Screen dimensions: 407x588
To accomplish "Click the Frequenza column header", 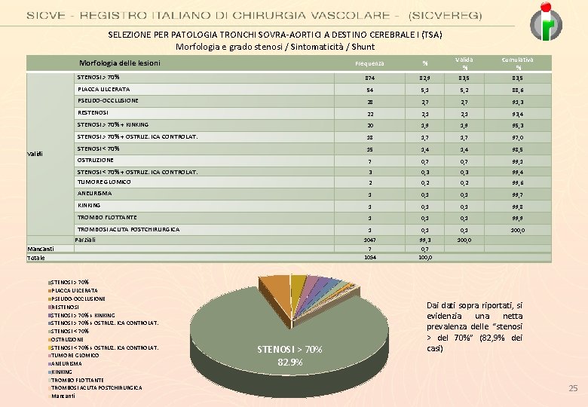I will click(x=369, y=63).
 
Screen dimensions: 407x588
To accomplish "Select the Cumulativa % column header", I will click(x=518, y=63).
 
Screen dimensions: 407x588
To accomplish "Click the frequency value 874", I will click(x=369, y=78).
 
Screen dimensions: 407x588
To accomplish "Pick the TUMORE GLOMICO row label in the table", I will click(x=104, y=182).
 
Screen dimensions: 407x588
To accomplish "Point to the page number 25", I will click(x=572, y=388).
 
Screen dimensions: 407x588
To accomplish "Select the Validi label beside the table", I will click(x=36, y=154).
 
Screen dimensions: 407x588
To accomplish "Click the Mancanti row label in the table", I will click(x=41, y=248).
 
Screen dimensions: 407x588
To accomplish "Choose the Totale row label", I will click(x=36, y=258).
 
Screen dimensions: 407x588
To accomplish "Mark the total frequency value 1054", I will click(x=369, y=257).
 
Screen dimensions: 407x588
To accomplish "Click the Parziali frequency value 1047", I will click(x=369, y=239).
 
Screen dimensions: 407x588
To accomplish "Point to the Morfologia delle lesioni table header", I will click(x=120, y=63).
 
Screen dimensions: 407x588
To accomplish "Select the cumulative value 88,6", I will click(x=518, y=90).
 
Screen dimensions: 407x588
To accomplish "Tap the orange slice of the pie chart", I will click(x=278, y=289).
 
